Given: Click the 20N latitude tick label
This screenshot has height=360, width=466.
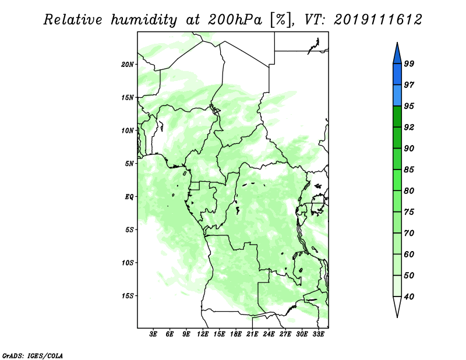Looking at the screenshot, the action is click(x=128, y=65).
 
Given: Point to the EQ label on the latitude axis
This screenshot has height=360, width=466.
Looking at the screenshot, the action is click(x=129, y=197).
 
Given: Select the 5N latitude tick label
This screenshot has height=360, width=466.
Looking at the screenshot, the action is click(x=129, y=164).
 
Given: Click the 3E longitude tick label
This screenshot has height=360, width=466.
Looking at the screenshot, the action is click(x=153, y=334).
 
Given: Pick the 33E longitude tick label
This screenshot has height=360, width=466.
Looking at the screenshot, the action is click(x=318, y=334).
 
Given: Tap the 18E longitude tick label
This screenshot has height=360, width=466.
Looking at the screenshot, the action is click(x=236, y=334).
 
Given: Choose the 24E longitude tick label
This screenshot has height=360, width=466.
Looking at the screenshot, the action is click(x=269, y=334).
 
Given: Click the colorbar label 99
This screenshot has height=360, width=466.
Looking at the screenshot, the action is click(x=409, y=63).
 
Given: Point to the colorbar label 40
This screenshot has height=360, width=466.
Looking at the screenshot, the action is click(x=409, y=297).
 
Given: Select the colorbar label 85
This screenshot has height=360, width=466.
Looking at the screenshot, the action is click(x=409, y=170).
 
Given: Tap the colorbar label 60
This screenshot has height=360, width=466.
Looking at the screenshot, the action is click(x=409, y=254).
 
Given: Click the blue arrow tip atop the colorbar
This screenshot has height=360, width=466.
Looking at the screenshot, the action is click(x=397, y=43).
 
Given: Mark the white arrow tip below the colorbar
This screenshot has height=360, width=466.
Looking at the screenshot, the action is click(x=397, y=317).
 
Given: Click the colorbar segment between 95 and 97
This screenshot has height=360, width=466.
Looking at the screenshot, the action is click(x=397, y=96).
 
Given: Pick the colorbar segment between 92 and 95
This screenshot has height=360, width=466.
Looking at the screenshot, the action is click(x=397, y=117).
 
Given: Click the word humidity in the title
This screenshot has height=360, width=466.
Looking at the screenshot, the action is click(x=144, y=20).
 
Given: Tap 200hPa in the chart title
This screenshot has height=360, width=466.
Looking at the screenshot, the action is click(x=235, y=20).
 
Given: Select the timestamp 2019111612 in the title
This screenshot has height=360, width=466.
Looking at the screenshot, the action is click(x=377, y=20).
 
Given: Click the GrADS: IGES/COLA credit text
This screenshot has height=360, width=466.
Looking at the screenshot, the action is click(x=33, y=356).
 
